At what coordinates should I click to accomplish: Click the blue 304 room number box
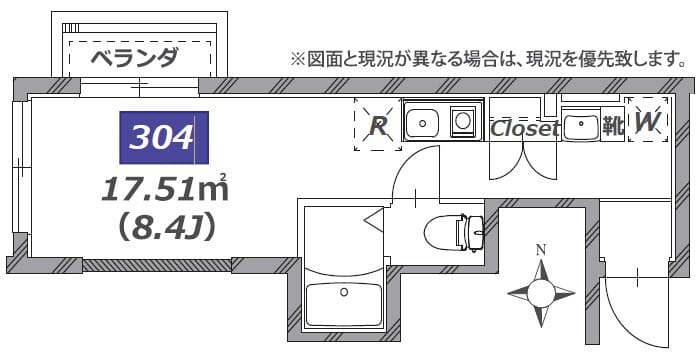[x=164, y=137]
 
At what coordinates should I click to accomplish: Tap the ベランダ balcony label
[x=134, y=56]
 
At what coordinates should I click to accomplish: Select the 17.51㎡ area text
[x=164, y=188]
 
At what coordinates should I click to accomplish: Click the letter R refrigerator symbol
[x=378, y=125]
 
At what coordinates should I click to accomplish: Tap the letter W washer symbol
[x=647, y=122]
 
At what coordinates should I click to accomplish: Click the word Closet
[x=524, y=128]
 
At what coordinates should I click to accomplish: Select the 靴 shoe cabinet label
[x=611, y=126]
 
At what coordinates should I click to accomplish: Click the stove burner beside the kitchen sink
[x=464, y=121]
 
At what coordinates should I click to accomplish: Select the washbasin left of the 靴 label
[x=579, y=126]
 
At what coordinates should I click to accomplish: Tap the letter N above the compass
[x=541, y=250]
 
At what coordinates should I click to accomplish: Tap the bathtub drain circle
[x=344, y=293]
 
